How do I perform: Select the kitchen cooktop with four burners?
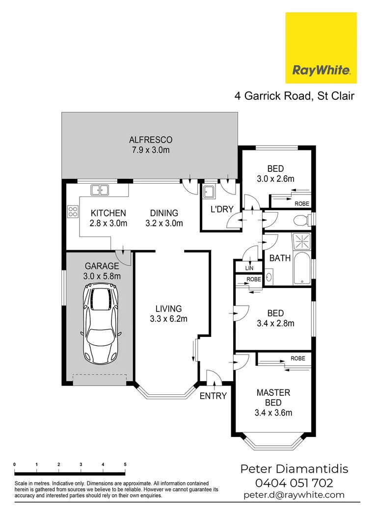[73, 212]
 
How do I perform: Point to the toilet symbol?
[301, 220]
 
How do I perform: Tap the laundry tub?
[209, 192]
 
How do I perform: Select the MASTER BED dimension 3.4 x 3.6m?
[273, 412]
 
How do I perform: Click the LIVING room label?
[168, 309]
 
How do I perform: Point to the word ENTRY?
[213, 396]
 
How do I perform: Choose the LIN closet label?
[249, 268]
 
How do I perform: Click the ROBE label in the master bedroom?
[297, 359]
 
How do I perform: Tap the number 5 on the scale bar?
[125, 464]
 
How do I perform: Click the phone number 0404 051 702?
[294, 483]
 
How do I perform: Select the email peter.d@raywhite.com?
[294, 495]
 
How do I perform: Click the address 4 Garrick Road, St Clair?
[294, 96]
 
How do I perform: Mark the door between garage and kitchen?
[123, 256]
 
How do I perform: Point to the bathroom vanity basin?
[269, 276]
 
